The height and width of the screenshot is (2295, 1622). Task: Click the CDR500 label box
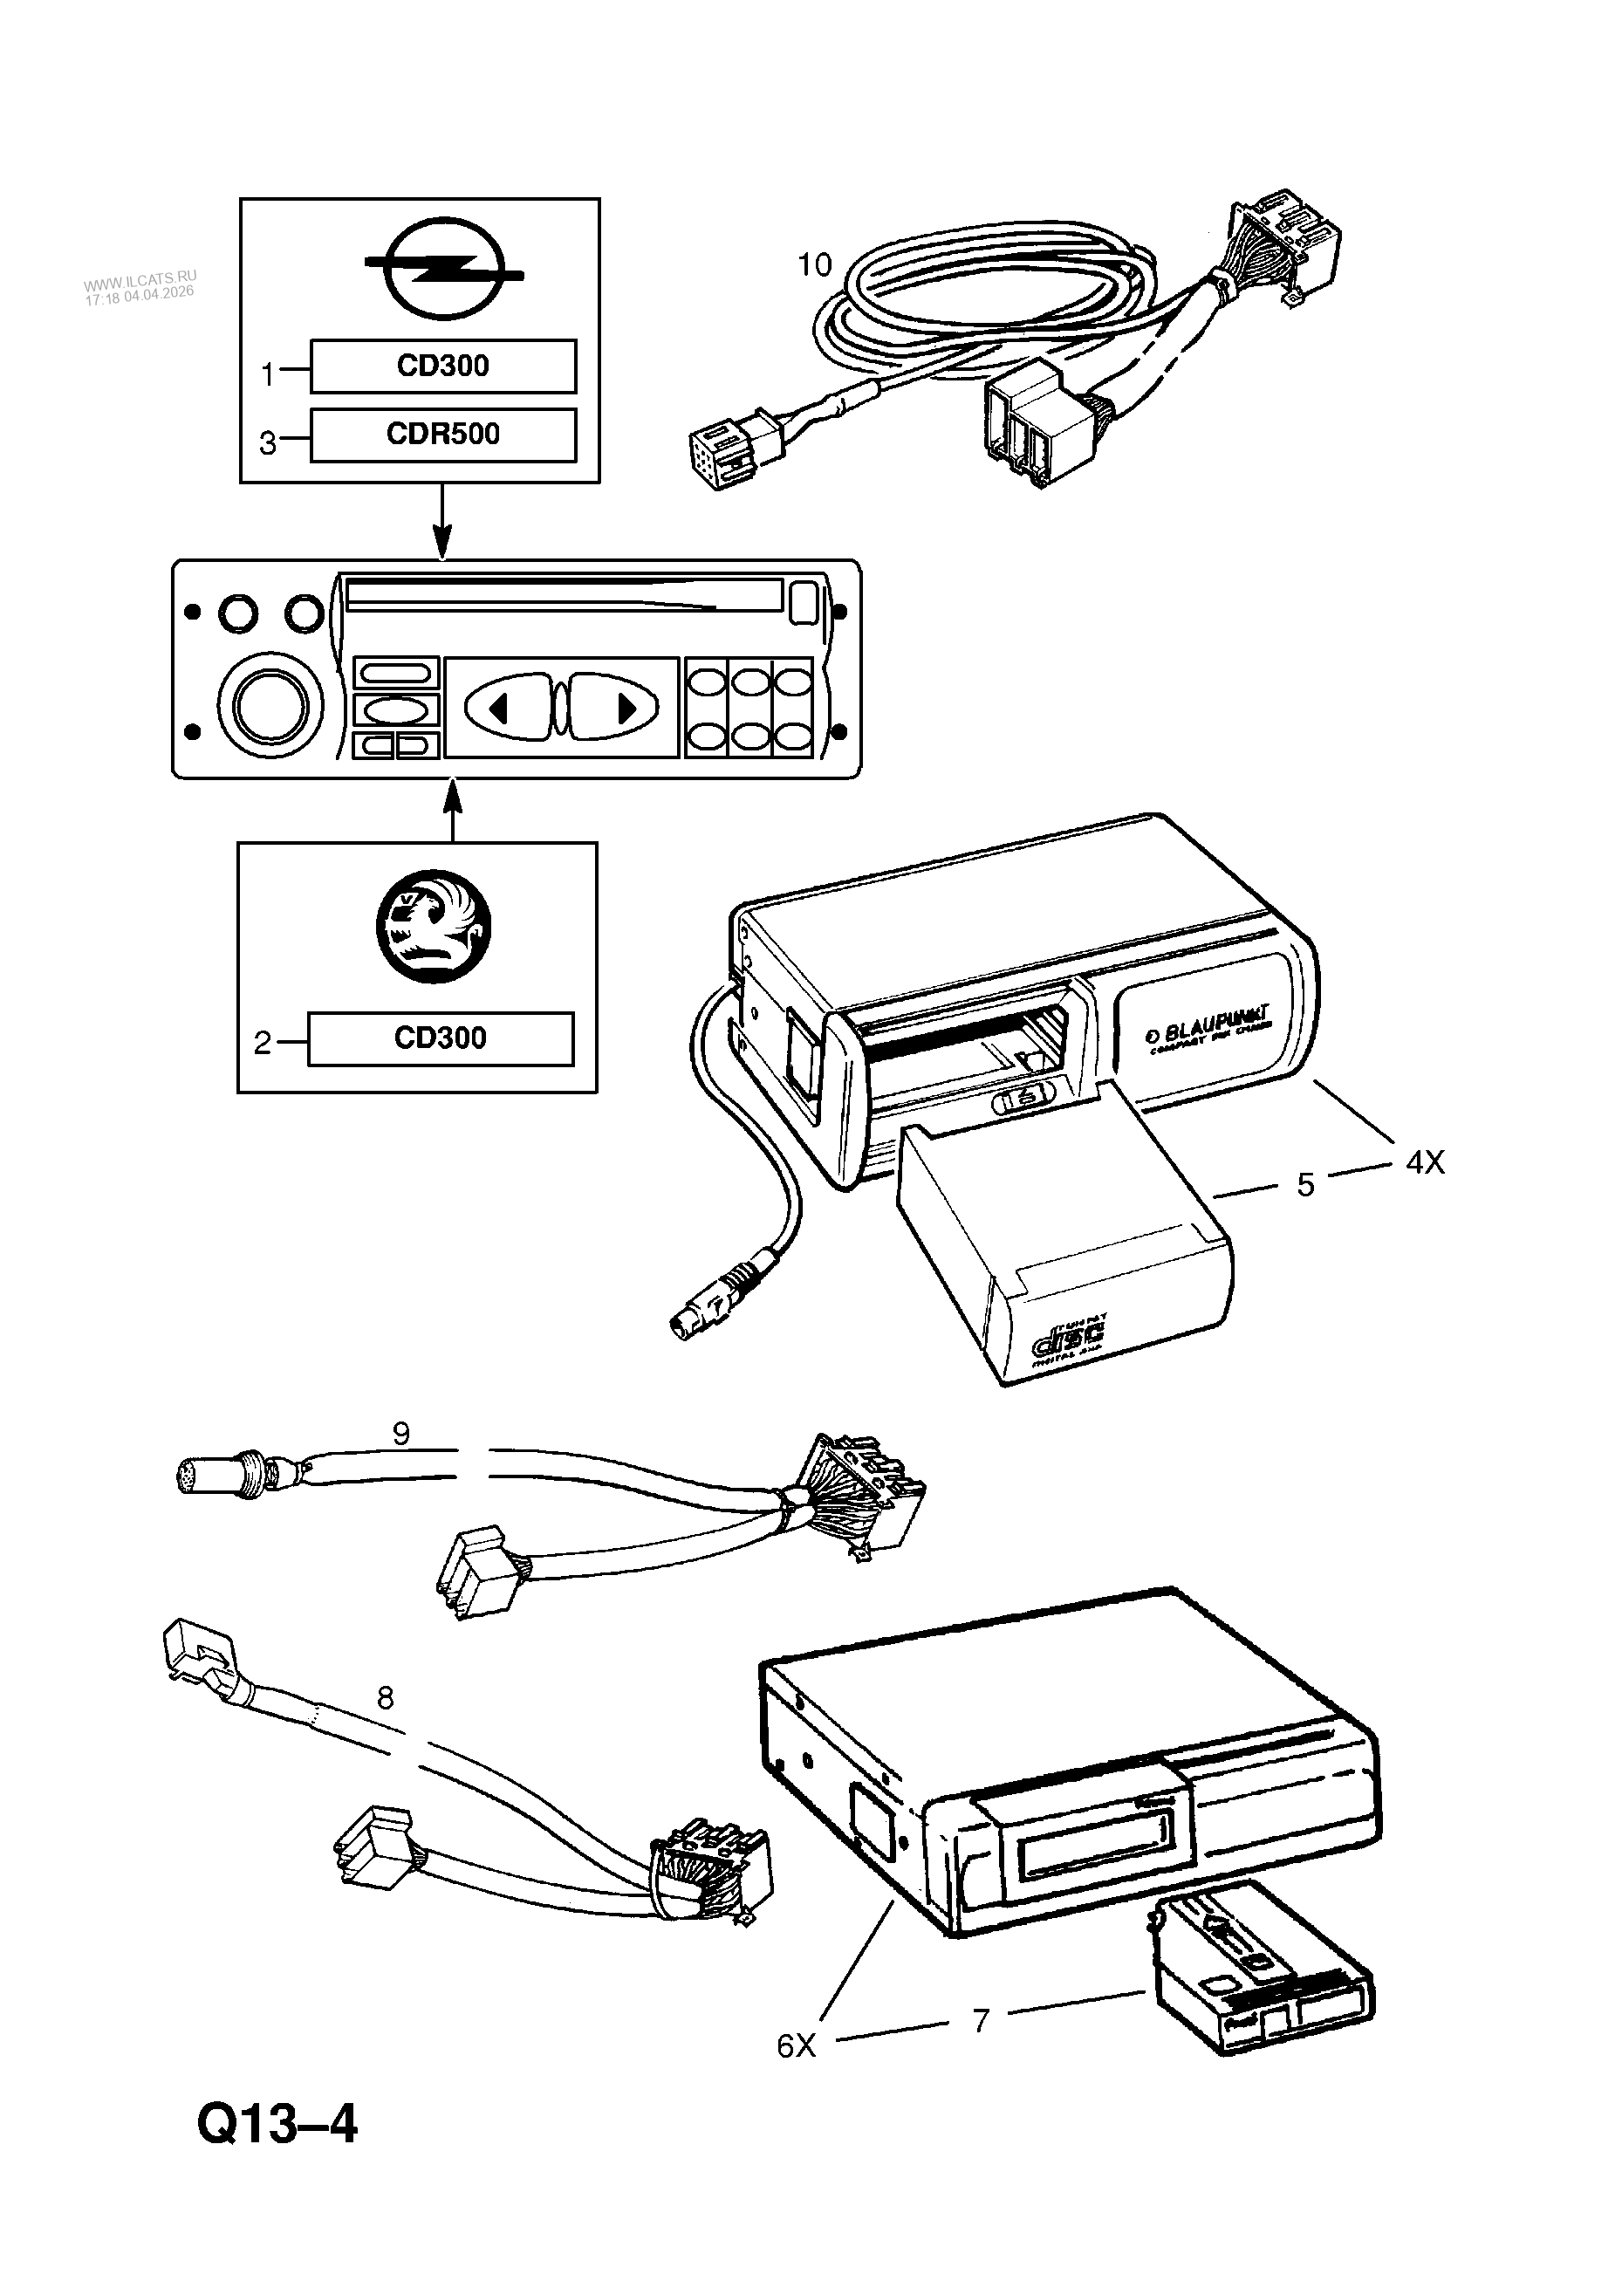(442, 435)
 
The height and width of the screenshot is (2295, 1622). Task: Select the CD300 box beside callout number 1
(442, 366)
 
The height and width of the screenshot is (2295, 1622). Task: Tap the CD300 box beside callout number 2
(441, 1038)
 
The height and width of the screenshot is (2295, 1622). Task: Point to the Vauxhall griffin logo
(434, 927)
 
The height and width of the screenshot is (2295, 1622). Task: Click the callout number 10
(815, 265)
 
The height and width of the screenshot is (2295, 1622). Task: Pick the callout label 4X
(1425, 1162)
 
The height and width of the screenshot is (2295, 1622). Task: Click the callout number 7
(981, 2020)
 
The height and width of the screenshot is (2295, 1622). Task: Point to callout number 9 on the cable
(400, 1435)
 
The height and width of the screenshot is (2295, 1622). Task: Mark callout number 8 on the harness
(385, 1697)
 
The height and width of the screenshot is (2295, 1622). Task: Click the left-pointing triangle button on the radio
(500, 708)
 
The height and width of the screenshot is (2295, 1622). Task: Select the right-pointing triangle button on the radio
(626, 708)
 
